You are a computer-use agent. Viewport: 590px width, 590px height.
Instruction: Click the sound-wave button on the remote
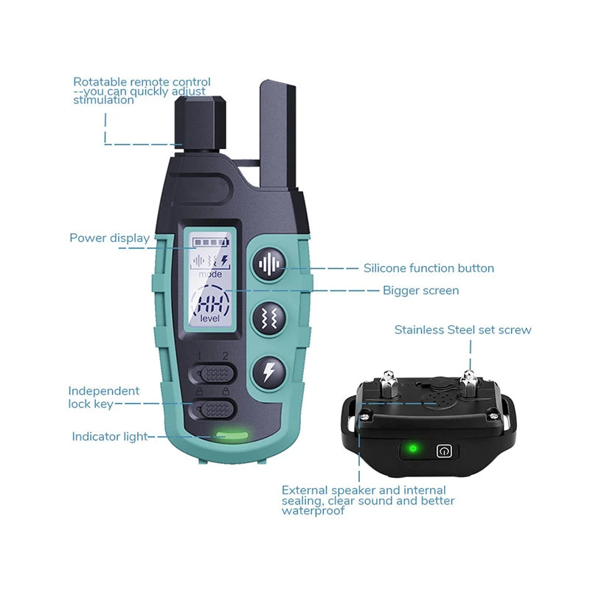coord(269,264)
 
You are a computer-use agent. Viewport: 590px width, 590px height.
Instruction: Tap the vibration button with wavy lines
coord(269,319)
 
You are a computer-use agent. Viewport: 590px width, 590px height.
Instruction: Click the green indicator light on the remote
coord(232,436)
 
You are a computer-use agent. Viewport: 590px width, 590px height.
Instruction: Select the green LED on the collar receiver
coord(413,448)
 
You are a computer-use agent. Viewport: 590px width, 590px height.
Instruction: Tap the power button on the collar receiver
coord(444,451)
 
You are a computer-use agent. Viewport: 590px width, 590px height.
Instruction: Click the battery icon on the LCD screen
coord(211,242)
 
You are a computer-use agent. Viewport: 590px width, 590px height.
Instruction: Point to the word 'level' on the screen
coord(209,319)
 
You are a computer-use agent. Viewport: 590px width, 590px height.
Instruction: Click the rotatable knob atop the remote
coord(200,122)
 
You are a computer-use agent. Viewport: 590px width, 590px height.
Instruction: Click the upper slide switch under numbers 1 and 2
coord(212,374)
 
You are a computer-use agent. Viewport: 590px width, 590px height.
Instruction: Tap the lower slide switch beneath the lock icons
coord(212,409)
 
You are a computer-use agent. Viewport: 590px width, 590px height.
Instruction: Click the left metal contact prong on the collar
coord(389,383)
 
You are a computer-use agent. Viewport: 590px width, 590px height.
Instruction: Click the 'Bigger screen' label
coord(420,291)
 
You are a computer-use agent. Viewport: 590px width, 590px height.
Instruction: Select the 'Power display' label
coord(109,238)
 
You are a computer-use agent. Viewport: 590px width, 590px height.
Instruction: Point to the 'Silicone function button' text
coord(428,268)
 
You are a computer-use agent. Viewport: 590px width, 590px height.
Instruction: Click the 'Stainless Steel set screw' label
coord(463,330)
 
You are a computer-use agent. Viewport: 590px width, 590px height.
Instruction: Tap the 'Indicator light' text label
coord(109,437)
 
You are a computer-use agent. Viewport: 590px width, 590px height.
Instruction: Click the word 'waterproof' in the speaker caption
coord(313,510)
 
